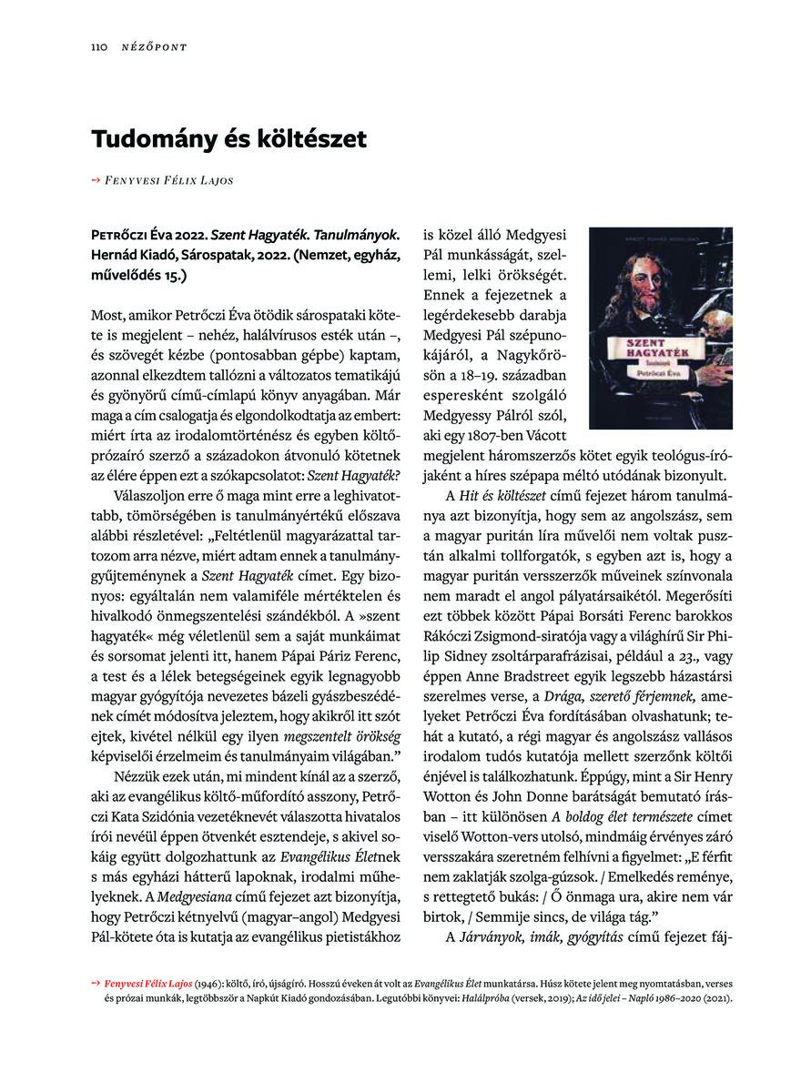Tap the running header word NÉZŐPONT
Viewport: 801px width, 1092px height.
[154, 46]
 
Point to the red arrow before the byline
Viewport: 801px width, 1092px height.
[96, 180]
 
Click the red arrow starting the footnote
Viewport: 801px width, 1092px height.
[96, 984]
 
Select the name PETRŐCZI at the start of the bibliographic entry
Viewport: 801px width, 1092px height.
[127, 234]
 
